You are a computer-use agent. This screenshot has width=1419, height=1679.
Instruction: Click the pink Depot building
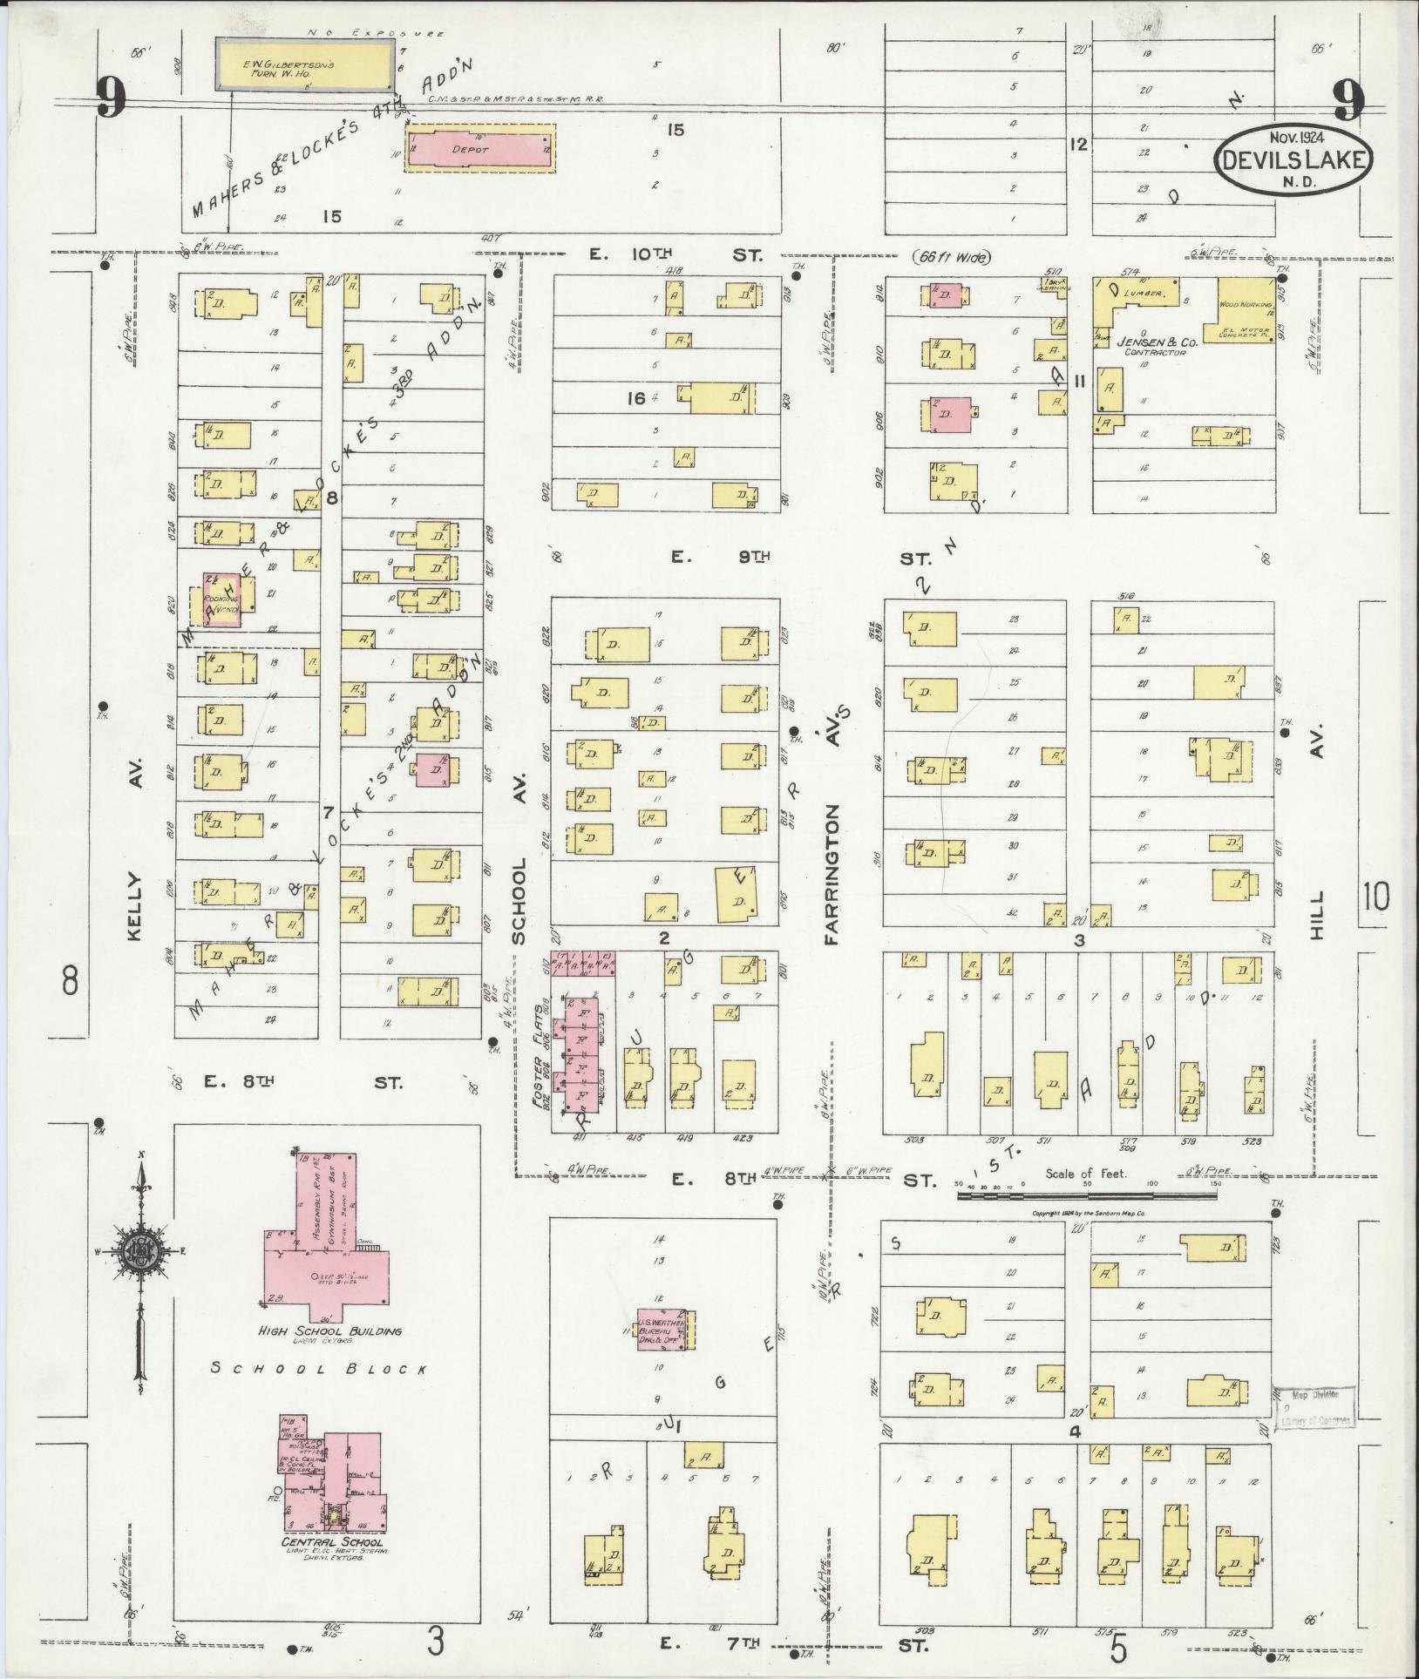click(x=480, y=149)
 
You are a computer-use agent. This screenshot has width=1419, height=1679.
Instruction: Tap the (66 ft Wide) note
click(x=952, y=257)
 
